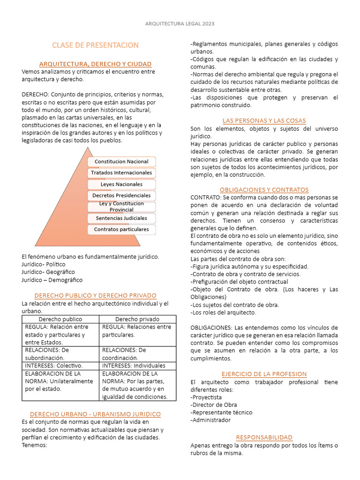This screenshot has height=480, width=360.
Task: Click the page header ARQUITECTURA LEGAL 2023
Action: (180, 23)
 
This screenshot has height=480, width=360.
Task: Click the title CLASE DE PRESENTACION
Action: (95, 45)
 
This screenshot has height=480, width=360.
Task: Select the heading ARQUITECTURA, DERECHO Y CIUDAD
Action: (95, 64)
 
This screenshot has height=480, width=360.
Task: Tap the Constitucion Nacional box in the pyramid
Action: (121, 162)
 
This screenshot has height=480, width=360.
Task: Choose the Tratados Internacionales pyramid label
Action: (121, 173)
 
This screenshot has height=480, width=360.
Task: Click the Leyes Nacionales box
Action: (121, 184)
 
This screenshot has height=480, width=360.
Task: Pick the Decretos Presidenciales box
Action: (121, 195)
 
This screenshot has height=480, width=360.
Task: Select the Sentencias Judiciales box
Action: (121, 218)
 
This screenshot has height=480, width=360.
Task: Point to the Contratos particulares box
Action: (121, 229)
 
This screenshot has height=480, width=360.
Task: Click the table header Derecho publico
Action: (60, 319)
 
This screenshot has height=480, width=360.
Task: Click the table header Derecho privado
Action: (137, 319)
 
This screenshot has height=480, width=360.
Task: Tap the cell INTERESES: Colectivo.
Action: (54, 366)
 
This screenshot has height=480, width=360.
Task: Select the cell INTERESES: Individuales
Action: (134, 366)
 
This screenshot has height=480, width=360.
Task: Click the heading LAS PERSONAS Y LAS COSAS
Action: (264, 121)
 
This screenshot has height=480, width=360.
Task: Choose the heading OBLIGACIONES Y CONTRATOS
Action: (264, 190)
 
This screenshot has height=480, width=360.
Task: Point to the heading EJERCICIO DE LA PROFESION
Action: (264, 374)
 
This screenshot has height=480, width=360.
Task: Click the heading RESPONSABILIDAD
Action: (264, 437)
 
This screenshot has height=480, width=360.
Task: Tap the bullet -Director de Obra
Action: (214, 405)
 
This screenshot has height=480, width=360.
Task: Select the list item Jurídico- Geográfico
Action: (48, 272)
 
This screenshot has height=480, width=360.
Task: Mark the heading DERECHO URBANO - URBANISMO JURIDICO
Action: (95, 414)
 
